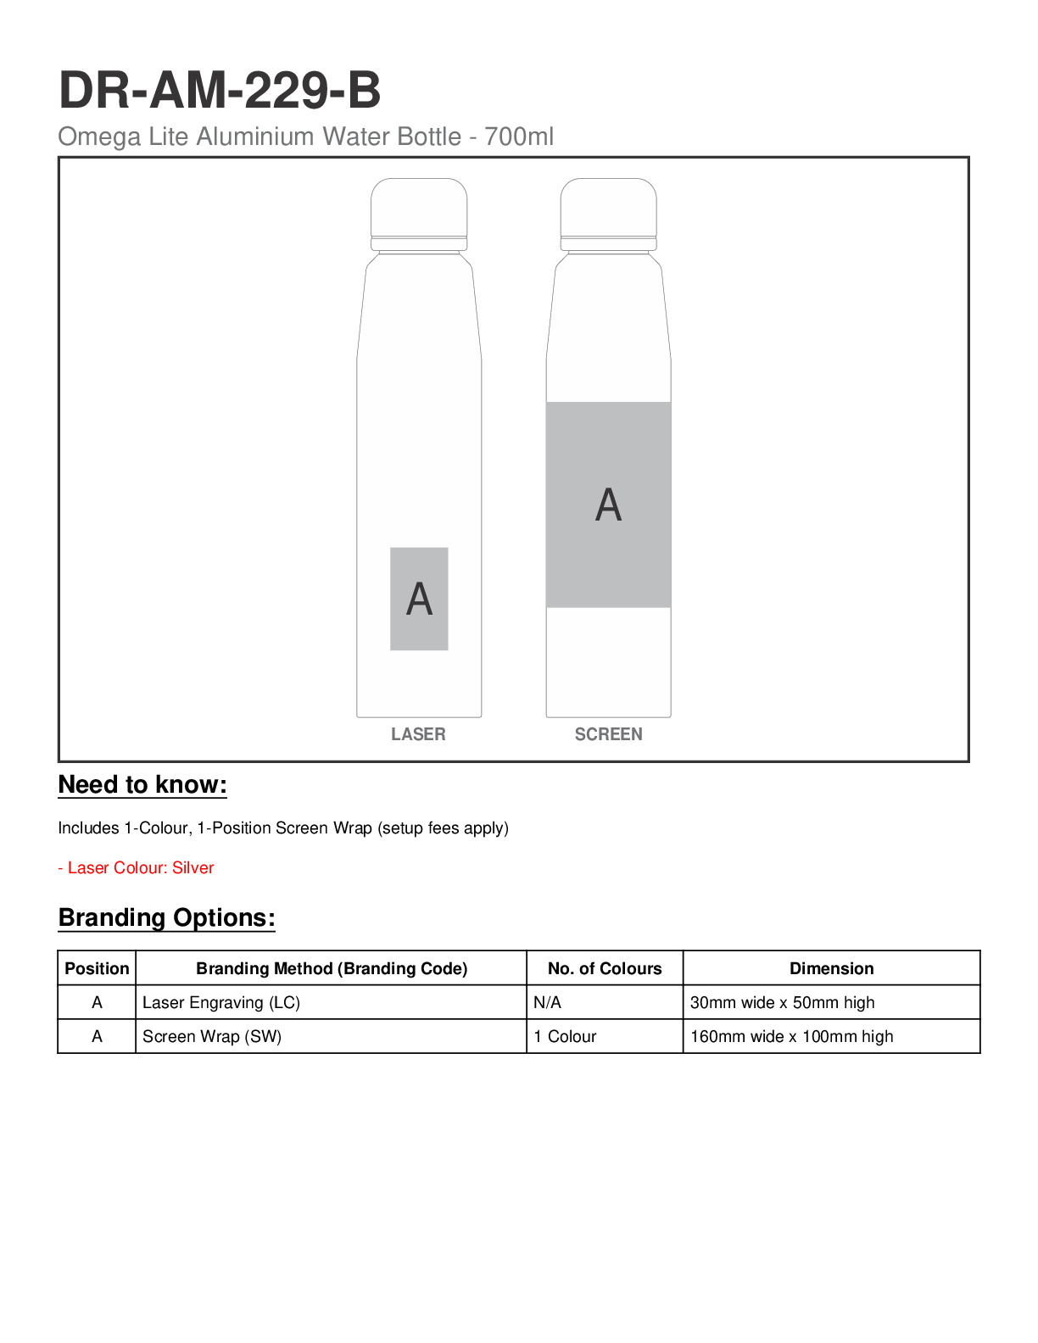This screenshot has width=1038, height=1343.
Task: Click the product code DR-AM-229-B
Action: tap(220, 90)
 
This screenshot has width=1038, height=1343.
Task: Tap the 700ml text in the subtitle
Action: tap(519, 137)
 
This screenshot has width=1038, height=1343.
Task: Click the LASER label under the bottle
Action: tap(418, 734)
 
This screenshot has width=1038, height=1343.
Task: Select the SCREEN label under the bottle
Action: tap(608, 734)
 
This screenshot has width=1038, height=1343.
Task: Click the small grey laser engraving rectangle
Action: tap(419, 599)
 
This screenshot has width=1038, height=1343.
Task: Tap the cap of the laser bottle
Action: tap(419, 208)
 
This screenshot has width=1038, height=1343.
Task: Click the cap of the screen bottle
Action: tap(608, 208)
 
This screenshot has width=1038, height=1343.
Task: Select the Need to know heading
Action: tap(142, 785)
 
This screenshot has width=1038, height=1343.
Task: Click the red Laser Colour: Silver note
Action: tap(136, 867)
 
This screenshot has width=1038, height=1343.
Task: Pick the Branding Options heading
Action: tap(166, 918)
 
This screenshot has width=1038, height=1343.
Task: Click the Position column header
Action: tap(97, 968)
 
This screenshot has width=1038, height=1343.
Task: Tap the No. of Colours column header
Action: tap(605, 968)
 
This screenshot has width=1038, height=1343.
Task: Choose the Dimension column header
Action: tap(831, 968)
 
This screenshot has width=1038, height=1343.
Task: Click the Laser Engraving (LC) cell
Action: tap(221, 1002)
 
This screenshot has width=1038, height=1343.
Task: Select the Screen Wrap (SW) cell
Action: tap(212, 1036)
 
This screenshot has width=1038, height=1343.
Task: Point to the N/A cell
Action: tap(548, 1002)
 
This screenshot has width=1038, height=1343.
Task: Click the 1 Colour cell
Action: tap(565, 1036)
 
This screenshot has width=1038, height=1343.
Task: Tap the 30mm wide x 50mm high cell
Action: tap(782, 1002)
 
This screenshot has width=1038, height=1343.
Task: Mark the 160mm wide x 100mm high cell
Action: tap(791, 1036)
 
